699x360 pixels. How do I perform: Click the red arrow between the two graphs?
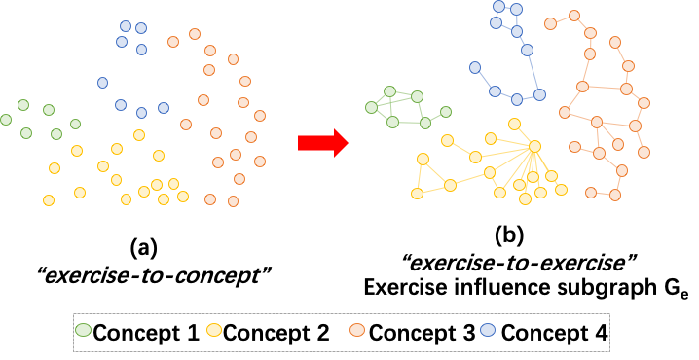pyautogui.click(x=319, y=143)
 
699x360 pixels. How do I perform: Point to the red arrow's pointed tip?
pyautogui.click(x=347, y=143)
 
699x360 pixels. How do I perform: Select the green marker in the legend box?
pyautogui.click(x=83, y=330)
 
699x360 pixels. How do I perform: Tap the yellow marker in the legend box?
pyautogui.click(x=214, y=330)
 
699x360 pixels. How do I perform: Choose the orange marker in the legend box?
pyautogui.click(x=357, y=330)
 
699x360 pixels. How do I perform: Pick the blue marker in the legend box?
pyautogui.click(x=488, y=330)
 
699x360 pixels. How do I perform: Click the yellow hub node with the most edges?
pyautogui.click(x=534, y=147)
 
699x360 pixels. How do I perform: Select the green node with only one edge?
pyautogui.click(x=446, y=112)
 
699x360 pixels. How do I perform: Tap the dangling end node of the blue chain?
pyautogui.click(x=475, y=68)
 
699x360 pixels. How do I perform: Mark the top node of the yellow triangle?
pyautogui.click(x=423, y=159)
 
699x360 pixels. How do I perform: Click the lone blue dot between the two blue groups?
pyautogui.click(x=102, y=83)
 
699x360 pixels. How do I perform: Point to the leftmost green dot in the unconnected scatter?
pyautogui.click(x=6, y=120)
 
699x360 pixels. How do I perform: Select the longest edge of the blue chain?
pyautogui.click(x=533, y=73)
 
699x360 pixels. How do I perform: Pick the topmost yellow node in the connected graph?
pyautogui.click(x=514, y=124)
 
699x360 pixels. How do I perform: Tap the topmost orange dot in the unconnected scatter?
pyautogui.click(x=195, y=34)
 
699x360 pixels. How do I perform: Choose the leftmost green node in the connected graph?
pyautogui.click(x=371, y=107)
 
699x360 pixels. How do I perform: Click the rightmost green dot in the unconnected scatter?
pyautogui.click(x=75, y=124)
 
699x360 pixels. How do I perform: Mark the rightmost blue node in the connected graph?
pyautogui.click(x=539, y=95)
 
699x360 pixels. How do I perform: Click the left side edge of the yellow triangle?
pyautogui.click(x=420, y=176)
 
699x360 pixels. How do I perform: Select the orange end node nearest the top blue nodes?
pyautogui.click(x=551, y=24)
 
